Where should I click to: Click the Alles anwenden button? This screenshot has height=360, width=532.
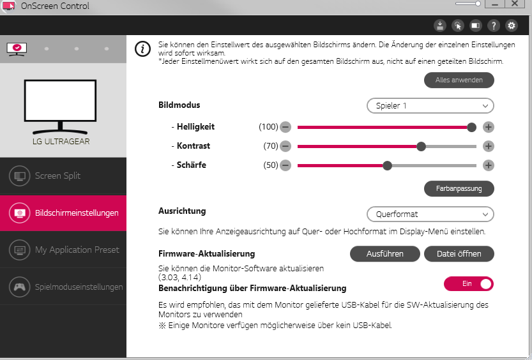459,80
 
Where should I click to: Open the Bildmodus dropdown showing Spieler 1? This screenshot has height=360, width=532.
430,106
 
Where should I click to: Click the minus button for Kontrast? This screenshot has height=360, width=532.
285,146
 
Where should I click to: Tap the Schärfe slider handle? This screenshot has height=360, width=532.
387,165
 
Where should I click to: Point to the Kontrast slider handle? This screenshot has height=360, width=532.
421,146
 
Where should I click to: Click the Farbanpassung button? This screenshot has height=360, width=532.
459,188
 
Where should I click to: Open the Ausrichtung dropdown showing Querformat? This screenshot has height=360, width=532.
430,214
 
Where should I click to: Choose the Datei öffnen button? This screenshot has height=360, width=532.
459,254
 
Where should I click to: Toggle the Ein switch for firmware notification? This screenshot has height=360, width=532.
469,284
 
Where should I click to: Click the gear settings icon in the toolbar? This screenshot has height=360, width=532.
512,26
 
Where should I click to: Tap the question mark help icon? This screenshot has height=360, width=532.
494,26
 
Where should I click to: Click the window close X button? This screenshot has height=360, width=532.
515,4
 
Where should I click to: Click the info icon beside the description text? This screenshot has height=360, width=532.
142,49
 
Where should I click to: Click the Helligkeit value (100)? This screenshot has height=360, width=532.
268,127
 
